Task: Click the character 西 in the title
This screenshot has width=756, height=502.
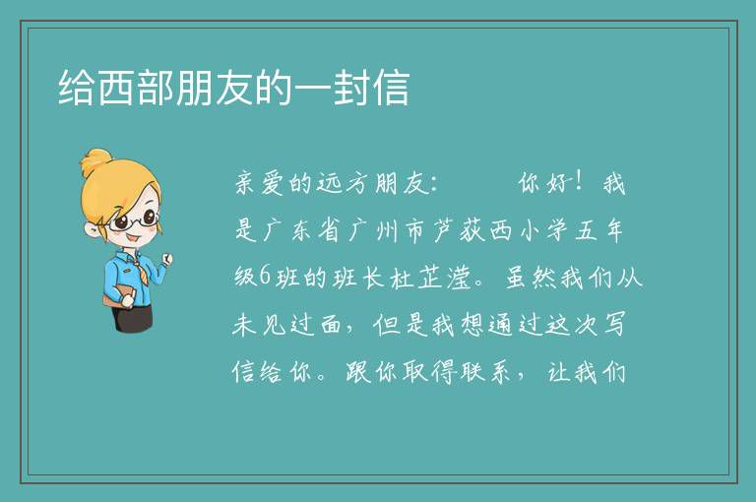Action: tap(117, 88)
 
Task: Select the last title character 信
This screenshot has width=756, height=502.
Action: tap(392, 88)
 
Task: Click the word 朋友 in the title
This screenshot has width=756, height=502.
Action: tap(214, 88)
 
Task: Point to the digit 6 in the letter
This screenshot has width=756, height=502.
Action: tap(265, 277)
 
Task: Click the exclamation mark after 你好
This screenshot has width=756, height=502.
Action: tap(579, 182)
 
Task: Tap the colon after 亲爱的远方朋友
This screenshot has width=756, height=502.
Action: tap(433, 184)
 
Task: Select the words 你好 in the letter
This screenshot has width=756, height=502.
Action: tap(545, 183)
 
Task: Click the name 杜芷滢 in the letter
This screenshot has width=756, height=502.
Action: tap(430, 278)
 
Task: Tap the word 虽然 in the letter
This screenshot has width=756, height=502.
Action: tap(531, 278)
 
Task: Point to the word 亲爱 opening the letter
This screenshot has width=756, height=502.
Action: tap(259, 183)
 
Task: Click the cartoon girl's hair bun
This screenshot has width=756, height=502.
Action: tap(95, 162)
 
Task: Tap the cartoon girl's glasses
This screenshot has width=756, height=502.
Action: tap(133, 220)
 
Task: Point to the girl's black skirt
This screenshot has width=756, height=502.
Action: tap(132, 317)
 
